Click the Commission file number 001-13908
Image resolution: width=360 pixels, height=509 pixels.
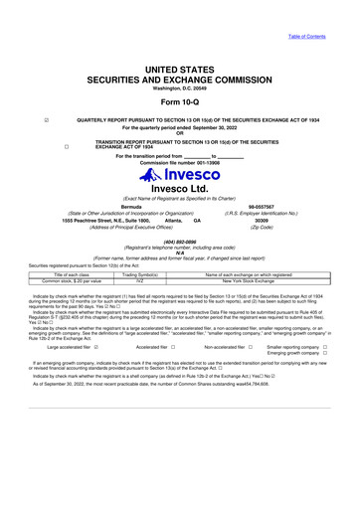coord(180,162)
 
